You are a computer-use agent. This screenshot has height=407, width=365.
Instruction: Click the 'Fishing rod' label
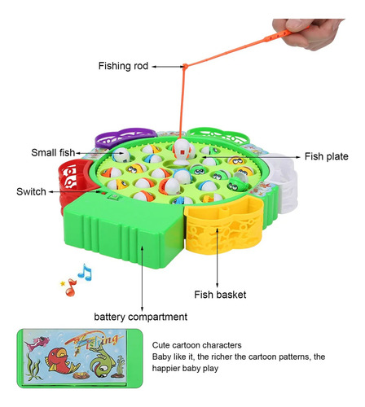[123, 66]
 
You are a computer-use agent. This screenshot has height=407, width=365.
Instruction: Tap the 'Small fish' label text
[53, 152]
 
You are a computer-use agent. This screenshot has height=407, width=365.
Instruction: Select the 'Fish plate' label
[326, 156]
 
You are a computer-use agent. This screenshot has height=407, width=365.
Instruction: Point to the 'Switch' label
[31, 191]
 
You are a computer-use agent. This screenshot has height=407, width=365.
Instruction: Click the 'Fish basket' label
[220, 295]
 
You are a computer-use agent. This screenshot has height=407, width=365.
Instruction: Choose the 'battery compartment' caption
[141, 317]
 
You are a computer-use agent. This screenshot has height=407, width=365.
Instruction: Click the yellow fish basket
[224, 225]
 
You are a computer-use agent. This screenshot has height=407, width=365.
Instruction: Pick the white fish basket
[283, 182]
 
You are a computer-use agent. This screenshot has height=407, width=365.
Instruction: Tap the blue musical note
[85, 272]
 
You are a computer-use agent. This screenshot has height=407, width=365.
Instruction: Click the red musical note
[71, 287]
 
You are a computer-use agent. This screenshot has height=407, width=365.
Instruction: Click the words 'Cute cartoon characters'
[196, 345]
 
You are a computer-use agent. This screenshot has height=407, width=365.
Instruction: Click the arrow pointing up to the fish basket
[217, 258]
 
